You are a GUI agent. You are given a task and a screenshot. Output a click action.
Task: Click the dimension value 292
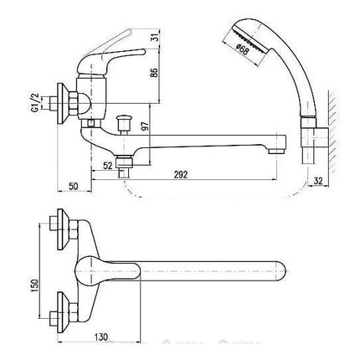[181, 175]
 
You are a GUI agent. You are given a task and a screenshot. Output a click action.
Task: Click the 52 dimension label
[107, 166]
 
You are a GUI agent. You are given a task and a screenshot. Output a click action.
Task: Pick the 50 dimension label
[73, 186]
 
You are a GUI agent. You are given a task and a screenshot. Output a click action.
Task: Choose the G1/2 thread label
[35, 103]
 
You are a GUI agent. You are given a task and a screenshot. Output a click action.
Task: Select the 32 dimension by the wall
[318, 181]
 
